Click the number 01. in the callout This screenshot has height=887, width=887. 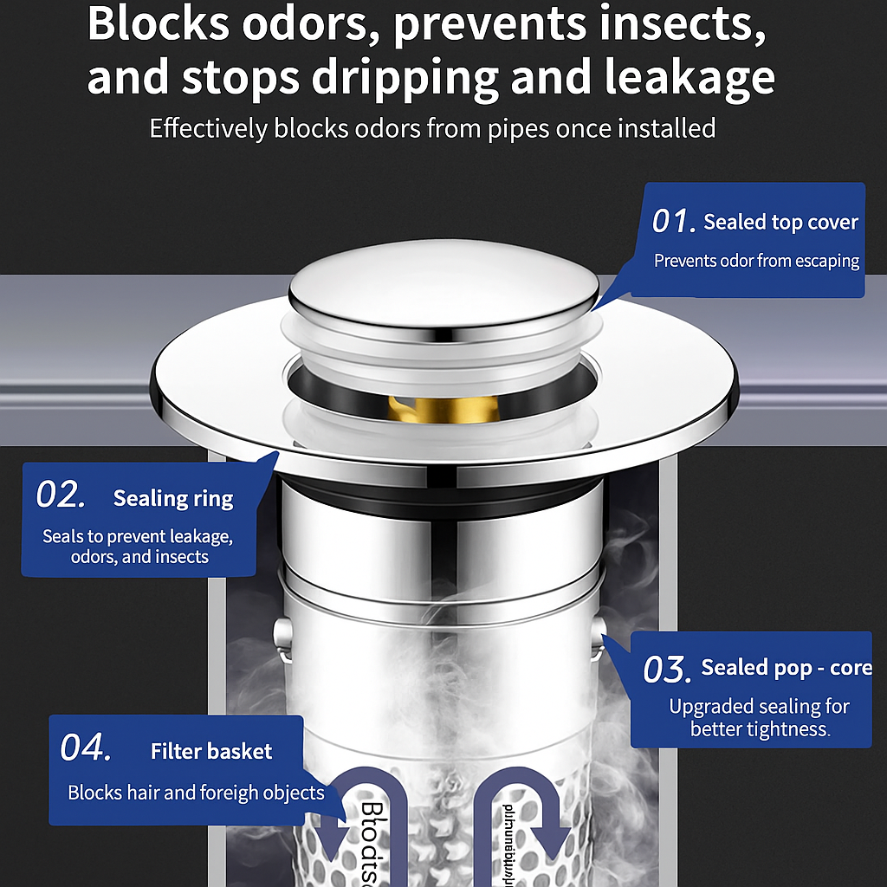coord(673,222)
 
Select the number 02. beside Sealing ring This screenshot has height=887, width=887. coord(61,495)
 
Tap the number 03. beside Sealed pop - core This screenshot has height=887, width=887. coord(666,670)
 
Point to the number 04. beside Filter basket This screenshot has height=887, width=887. coord(85,748)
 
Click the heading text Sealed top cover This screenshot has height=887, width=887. coord(780,223)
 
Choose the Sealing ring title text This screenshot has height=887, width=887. coord(173,498)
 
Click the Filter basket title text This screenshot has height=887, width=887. coord(211,751)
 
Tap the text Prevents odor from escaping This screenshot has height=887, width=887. coord(756,261)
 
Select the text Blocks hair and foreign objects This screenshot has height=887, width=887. coord(196,793)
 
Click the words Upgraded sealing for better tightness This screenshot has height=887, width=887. coord(759,717)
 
